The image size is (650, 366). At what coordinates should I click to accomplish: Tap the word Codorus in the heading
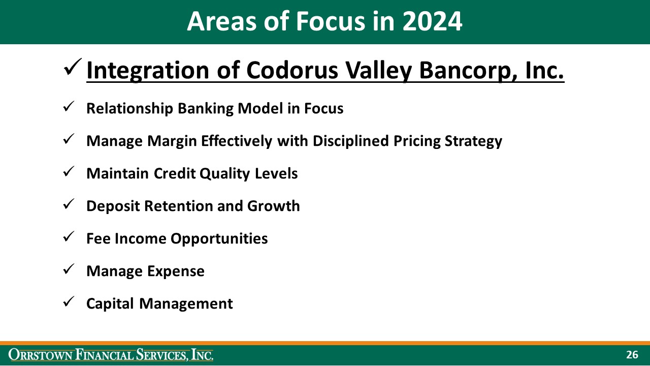click(x=292, y=70)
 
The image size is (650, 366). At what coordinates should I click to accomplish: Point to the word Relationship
click(x=130, y=109)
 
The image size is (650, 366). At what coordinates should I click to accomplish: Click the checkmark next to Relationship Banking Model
click(x=69, y=107)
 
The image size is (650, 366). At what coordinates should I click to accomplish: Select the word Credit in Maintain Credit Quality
click(x=174, y=174)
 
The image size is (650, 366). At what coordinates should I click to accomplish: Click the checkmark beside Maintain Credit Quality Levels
click(x=69, y=172)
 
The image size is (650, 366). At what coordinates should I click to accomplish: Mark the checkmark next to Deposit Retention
click(x=69, y=205)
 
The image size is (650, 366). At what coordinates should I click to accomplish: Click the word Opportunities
click(x=219, y=239)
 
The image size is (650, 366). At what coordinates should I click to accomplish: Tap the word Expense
click(x=176, y=271)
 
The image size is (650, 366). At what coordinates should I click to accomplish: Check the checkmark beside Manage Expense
click(x=69, y=270)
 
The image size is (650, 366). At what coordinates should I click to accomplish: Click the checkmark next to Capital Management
click(x=69, y=302)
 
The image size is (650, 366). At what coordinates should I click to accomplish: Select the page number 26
click(x=632, y=355)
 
